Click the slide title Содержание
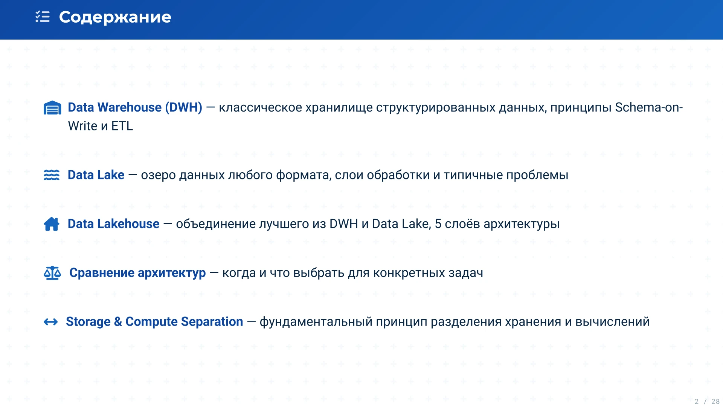[x=115, y=17]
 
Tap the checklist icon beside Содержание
[x=43, y=17]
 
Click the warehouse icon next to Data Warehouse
[x=52, y=108]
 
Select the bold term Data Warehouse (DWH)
[x=135, y=107]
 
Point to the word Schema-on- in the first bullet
[x=649, y=107]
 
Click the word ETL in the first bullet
[x=122, y=126]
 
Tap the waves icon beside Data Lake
[x=52, y=175]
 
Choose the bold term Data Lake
[x=96, y=175]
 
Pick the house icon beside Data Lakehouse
[x=52, y=224]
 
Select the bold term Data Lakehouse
[x=113, y=224]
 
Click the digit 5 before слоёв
[x=438, y=224]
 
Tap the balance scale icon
[x=52, y=273]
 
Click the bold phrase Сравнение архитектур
[x=137, y=273]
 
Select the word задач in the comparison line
[x=465, y=273]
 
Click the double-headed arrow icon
[x=51, y=322]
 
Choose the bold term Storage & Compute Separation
[x=154, y=322]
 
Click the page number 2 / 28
[x=707, y=401]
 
